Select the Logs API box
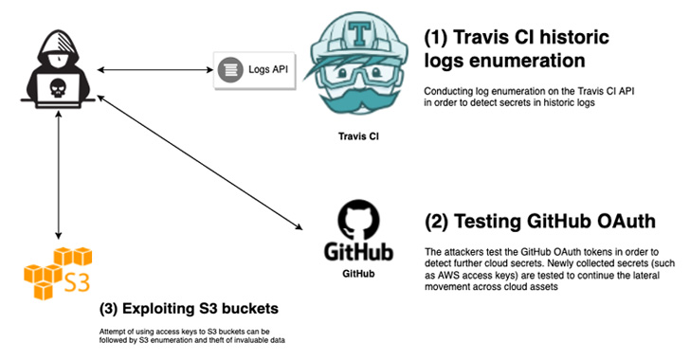point(249,69)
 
